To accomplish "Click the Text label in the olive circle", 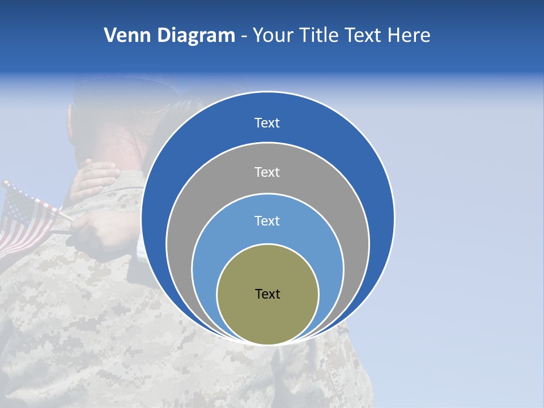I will click(x=267, y=294).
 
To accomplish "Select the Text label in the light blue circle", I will click(x=267, y=221).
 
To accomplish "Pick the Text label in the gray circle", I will click(x=267, y=172).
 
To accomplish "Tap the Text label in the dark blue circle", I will click(x=267, y=123).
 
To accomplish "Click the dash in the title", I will click(x=243, y=36).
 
